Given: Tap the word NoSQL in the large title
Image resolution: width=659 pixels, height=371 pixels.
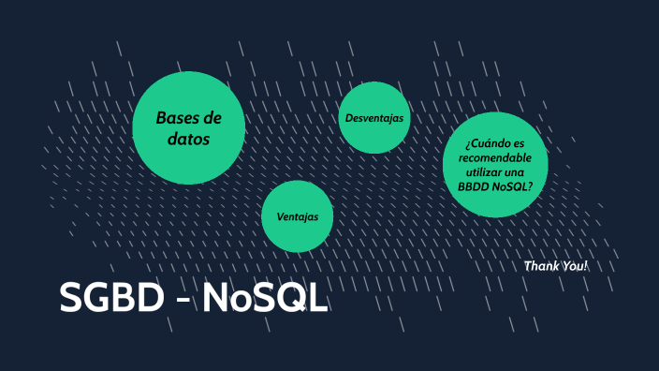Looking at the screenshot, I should click(265, 299).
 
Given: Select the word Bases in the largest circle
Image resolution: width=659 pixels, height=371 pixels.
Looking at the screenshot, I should click(177, 119).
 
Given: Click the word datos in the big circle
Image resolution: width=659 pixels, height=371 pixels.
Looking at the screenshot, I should click(189, 139).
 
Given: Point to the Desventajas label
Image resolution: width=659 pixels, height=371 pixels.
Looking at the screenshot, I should click(373, 118).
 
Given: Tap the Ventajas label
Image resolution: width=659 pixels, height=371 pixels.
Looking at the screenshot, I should click(298, 216).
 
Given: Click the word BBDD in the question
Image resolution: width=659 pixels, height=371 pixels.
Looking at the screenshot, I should click(474, 185).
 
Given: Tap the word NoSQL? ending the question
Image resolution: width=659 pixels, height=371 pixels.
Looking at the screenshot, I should click(513, 185).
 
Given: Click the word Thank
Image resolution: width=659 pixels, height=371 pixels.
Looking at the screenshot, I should click(540, 266).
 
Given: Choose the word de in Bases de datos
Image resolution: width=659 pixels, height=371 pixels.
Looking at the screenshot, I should click(212, 119).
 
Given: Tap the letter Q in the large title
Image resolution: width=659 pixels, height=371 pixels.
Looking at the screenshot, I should click(286, 300).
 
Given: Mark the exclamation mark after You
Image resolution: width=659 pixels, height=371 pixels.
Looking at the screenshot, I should click(585, 266).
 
